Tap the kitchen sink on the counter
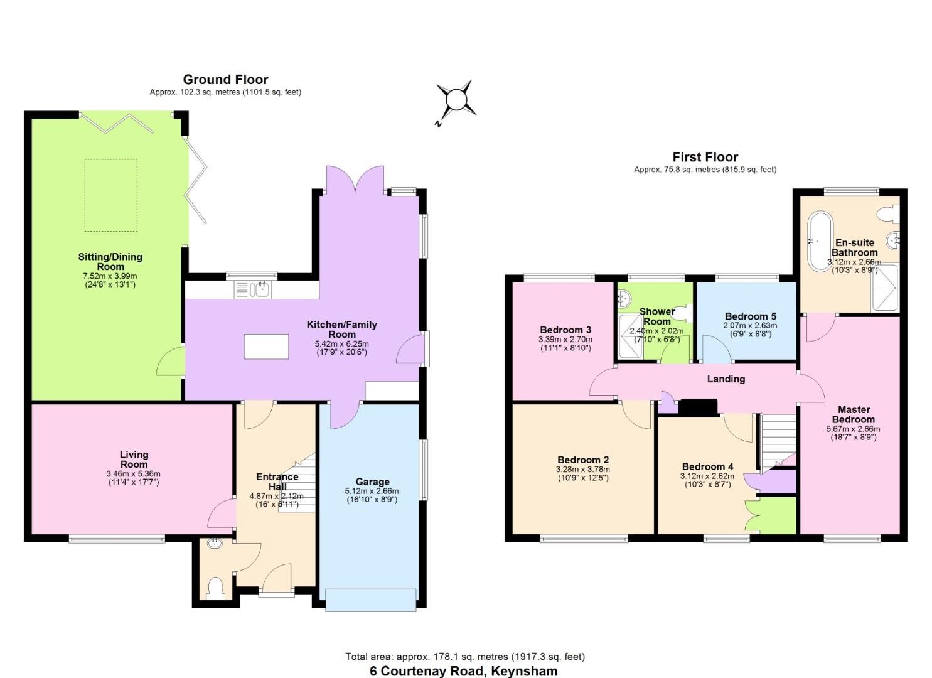252,289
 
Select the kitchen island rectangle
267,346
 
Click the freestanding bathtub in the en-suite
820,242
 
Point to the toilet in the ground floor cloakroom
215,588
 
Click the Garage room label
372,482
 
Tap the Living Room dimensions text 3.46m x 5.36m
134,474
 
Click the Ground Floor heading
225,80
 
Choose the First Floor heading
705,157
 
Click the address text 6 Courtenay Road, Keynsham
464,670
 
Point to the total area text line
465,657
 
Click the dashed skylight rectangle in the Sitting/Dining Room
111,195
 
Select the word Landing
726,379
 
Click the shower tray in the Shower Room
630,336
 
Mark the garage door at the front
370,599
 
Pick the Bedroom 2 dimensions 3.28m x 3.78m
582,469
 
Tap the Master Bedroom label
854,414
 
